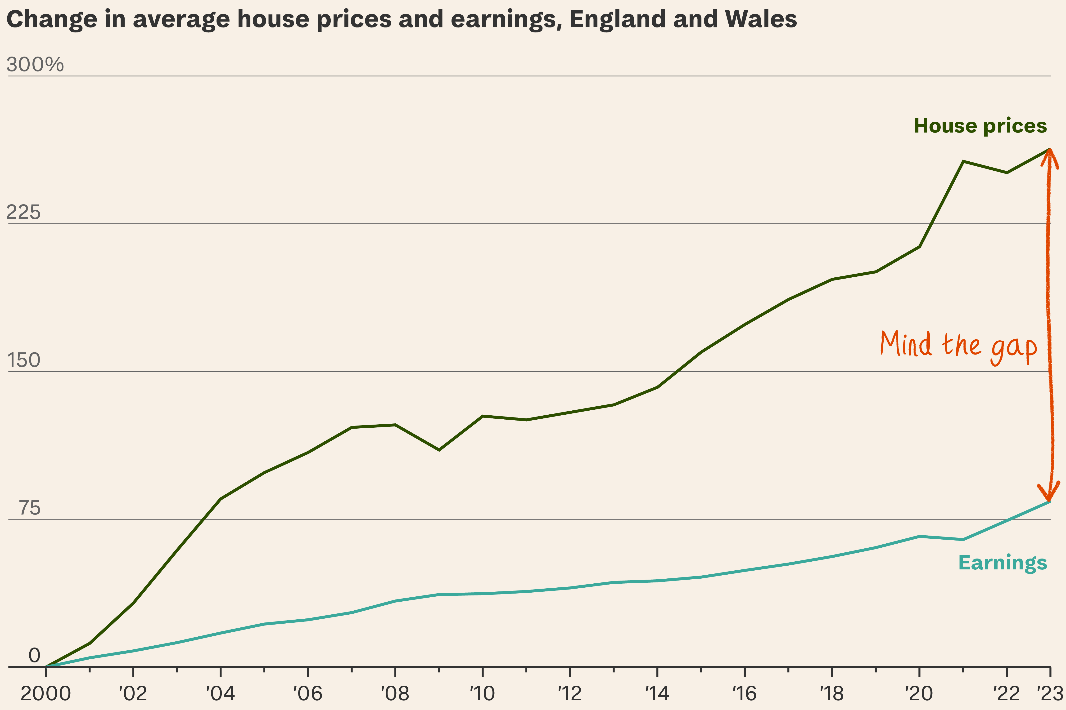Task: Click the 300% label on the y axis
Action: tap(35, 65)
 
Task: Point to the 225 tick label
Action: tap(23, 212)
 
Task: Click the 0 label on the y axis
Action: tap(34, 655)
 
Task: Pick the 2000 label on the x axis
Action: tap(46, 693)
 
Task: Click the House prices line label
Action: tap(980, 126)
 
